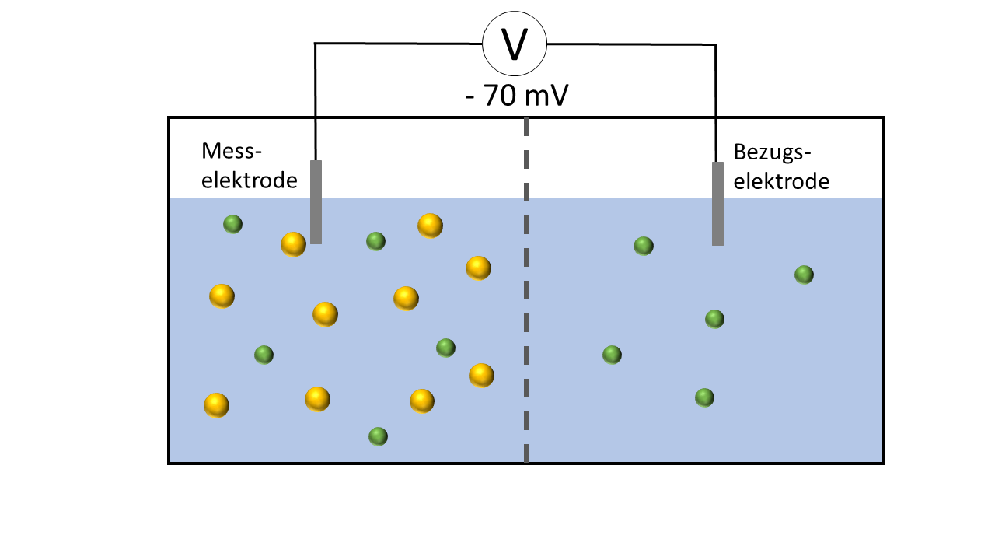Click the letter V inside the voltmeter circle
click(515, 44)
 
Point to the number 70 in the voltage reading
click(500, 95)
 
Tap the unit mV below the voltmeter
click(546, 95)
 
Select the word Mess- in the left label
click(232, 151)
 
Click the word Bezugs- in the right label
click(772, 152)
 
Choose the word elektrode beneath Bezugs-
click(781, 181)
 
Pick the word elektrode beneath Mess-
click(250, 180)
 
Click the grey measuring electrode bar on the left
click(316, 202)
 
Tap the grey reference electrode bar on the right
click(717, 204)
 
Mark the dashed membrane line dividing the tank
click(526, 290)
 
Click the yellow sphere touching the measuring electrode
click(294, 244)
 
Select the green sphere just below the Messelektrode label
click(232, 224)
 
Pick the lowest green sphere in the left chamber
click(378, 436)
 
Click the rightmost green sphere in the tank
click(804, 275)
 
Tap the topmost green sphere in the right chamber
click(644, 246)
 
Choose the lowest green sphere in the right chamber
click(704, 397)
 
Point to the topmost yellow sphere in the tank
click(431, 226)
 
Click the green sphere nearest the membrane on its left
click(445, 348)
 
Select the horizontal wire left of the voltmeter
click(399, 44)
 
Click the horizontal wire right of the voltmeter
click(631, 44)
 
